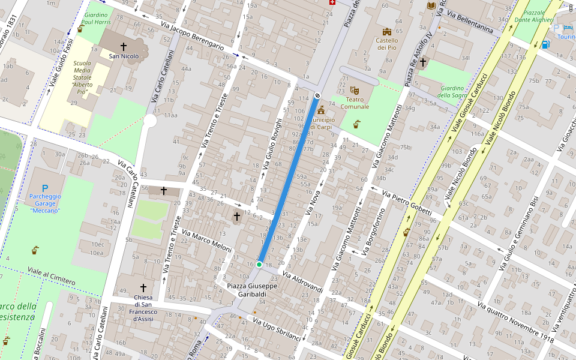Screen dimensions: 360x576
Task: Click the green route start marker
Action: click(x=259, y=264)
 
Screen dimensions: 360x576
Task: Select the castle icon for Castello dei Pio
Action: click(x=387, y=31)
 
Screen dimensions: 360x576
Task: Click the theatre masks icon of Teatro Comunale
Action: click(x=354, y=90)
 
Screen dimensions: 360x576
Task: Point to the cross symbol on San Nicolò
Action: click(x=124, y=46)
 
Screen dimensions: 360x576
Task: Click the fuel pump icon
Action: click(x=545, y=44)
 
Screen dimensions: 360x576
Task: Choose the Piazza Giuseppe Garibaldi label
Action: click(x=252, y=290)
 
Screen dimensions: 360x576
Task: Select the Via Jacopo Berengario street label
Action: click(x=192, y=37)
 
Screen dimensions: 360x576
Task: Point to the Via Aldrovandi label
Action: click(x=303, y=283)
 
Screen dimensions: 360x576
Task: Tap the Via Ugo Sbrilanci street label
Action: click(x=277, y=329)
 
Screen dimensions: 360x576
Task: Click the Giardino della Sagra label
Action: click(x=452, y=91)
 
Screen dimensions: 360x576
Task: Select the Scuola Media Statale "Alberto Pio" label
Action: click(x=82, y=77)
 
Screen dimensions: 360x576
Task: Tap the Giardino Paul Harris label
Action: click(x=95, y=18)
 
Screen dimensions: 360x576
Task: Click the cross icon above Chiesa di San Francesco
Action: click(x=143, y=288)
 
